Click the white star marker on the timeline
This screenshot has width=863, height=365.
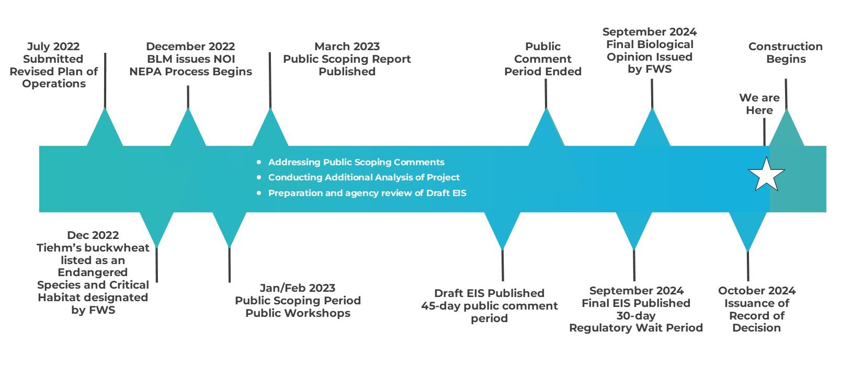[766, 175]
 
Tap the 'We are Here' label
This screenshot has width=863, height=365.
[759, 104]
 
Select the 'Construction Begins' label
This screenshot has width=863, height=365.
[786, 53]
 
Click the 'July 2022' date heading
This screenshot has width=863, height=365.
[53, 47]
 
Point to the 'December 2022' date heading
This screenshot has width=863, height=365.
[190, 47]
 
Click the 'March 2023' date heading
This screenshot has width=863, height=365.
[347, 47]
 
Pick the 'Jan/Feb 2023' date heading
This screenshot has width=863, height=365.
[298, 288]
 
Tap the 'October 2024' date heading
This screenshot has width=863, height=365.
[757, 291]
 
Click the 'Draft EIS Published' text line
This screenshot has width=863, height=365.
[489, 293]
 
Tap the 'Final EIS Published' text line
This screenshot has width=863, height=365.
[636, 303]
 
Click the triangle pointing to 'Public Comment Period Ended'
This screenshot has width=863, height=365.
[547, 127]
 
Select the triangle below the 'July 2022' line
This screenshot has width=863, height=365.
[105, 127]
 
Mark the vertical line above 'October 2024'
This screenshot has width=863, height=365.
[748, 266]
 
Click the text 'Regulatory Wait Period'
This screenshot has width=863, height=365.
[636, 328]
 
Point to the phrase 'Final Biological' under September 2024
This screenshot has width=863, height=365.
[650, 44]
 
